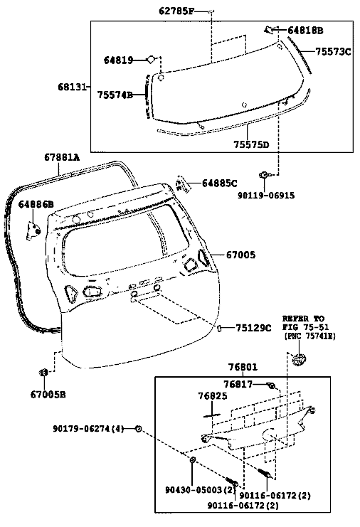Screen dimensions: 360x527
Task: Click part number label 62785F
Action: [176, 11]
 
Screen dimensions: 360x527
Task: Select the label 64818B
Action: [305, 31]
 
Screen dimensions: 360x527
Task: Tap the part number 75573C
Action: [333, 52]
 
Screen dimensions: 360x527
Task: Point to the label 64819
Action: [118, 60]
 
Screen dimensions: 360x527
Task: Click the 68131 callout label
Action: [72, 87]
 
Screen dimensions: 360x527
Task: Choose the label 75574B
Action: [115, 95]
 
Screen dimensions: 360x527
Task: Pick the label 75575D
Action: [251, 145]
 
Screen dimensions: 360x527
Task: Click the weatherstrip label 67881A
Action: [62, 157]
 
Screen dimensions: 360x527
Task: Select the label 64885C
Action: [220, 183]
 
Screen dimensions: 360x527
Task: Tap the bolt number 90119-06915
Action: [266, 196]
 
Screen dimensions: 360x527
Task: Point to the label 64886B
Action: [36, 204]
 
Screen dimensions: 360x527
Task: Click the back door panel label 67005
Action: [240, 255]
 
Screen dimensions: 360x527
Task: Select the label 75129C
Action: [253, 328]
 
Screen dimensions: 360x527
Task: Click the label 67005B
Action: [48, 394]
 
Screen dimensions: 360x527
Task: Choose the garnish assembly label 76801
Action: [243, 367]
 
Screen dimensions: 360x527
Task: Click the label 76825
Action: [213, 396]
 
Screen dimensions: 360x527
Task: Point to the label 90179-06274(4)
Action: [88, 429]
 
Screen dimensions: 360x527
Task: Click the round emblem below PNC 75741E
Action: [299, 359]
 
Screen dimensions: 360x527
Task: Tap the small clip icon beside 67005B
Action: [43, 373]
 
